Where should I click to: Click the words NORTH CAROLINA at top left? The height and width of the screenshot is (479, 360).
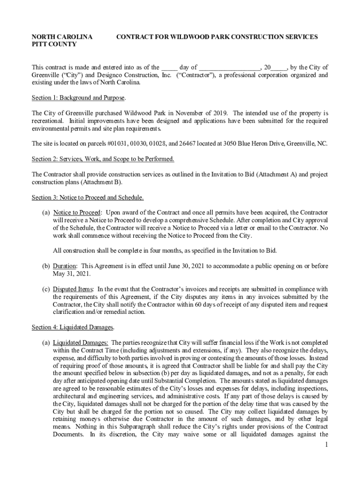pyautogui.click(x=62, y=36)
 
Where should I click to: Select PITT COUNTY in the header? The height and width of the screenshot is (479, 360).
pyautogui.click(x=54, y=44)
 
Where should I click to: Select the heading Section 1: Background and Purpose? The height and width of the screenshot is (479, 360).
pyautogui.click(x=78, y=97)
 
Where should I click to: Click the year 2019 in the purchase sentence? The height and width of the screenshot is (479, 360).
pyautogui.click(x=220, y=113)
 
